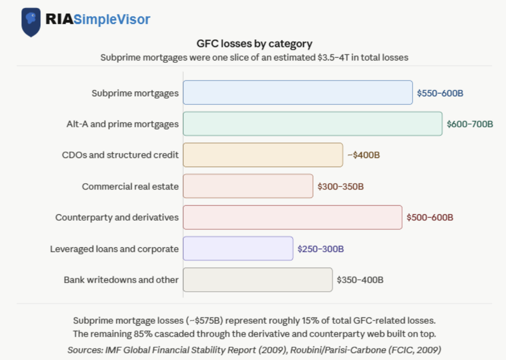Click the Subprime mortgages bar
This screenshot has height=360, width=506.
[298, 93]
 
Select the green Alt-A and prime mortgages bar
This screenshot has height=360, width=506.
[313, 124]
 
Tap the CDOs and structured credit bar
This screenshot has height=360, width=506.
[263, 155]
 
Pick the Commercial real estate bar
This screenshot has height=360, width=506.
[248, 186]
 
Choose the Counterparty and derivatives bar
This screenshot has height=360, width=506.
[293, 218]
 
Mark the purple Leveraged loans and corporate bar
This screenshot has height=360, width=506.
[238, 248]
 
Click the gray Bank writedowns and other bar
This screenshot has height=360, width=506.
[258, 280]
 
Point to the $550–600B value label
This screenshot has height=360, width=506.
[440, 93]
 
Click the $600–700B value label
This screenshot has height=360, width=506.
[470, 124]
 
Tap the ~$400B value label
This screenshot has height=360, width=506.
[364, 155]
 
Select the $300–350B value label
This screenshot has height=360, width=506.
[341, 186]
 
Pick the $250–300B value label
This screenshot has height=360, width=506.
[321, 249]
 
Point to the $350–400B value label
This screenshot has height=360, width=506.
[360, 280]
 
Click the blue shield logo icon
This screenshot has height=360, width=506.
[31, 22]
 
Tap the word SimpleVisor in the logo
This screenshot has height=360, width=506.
[112, 19]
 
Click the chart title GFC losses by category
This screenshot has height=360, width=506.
[254, 44]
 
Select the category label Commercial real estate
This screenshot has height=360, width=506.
[130, 186]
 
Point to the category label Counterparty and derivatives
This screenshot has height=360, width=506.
[117, 218]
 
